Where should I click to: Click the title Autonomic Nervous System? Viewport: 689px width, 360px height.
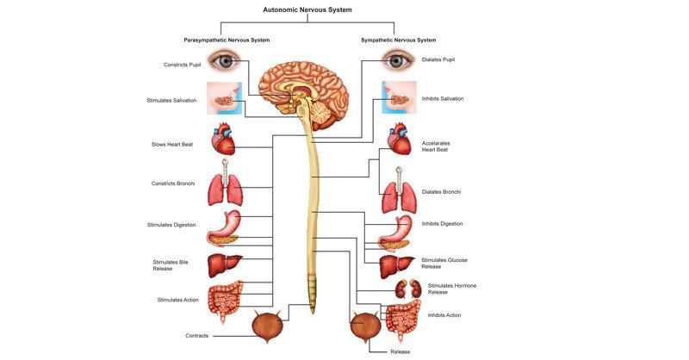(x=307, y=10)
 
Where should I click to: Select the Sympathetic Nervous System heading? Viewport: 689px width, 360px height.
(x=397, y=40)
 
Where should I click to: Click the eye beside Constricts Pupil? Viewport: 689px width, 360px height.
(x=225, y=61)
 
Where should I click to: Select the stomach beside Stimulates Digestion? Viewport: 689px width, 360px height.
(x=224, y=228)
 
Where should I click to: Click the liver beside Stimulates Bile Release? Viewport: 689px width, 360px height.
(x=224, y=264)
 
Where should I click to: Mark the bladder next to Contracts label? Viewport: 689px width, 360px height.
(x=268, y=327)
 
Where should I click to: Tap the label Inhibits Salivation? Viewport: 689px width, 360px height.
(x=443, y=99)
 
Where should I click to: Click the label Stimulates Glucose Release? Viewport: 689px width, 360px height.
(x=444, y=263)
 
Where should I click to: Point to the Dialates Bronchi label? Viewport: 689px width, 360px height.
(x=441, y=191)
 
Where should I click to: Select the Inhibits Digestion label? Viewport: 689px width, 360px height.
(x=442, y=224)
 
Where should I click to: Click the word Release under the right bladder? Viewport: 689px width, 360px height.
(x=400, y=351)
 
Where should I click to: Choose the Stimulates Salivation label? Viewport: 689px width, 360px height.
(x=171, y=100)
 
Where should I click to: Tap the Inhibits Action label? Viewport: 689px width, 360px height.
(x=444, y=315)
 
